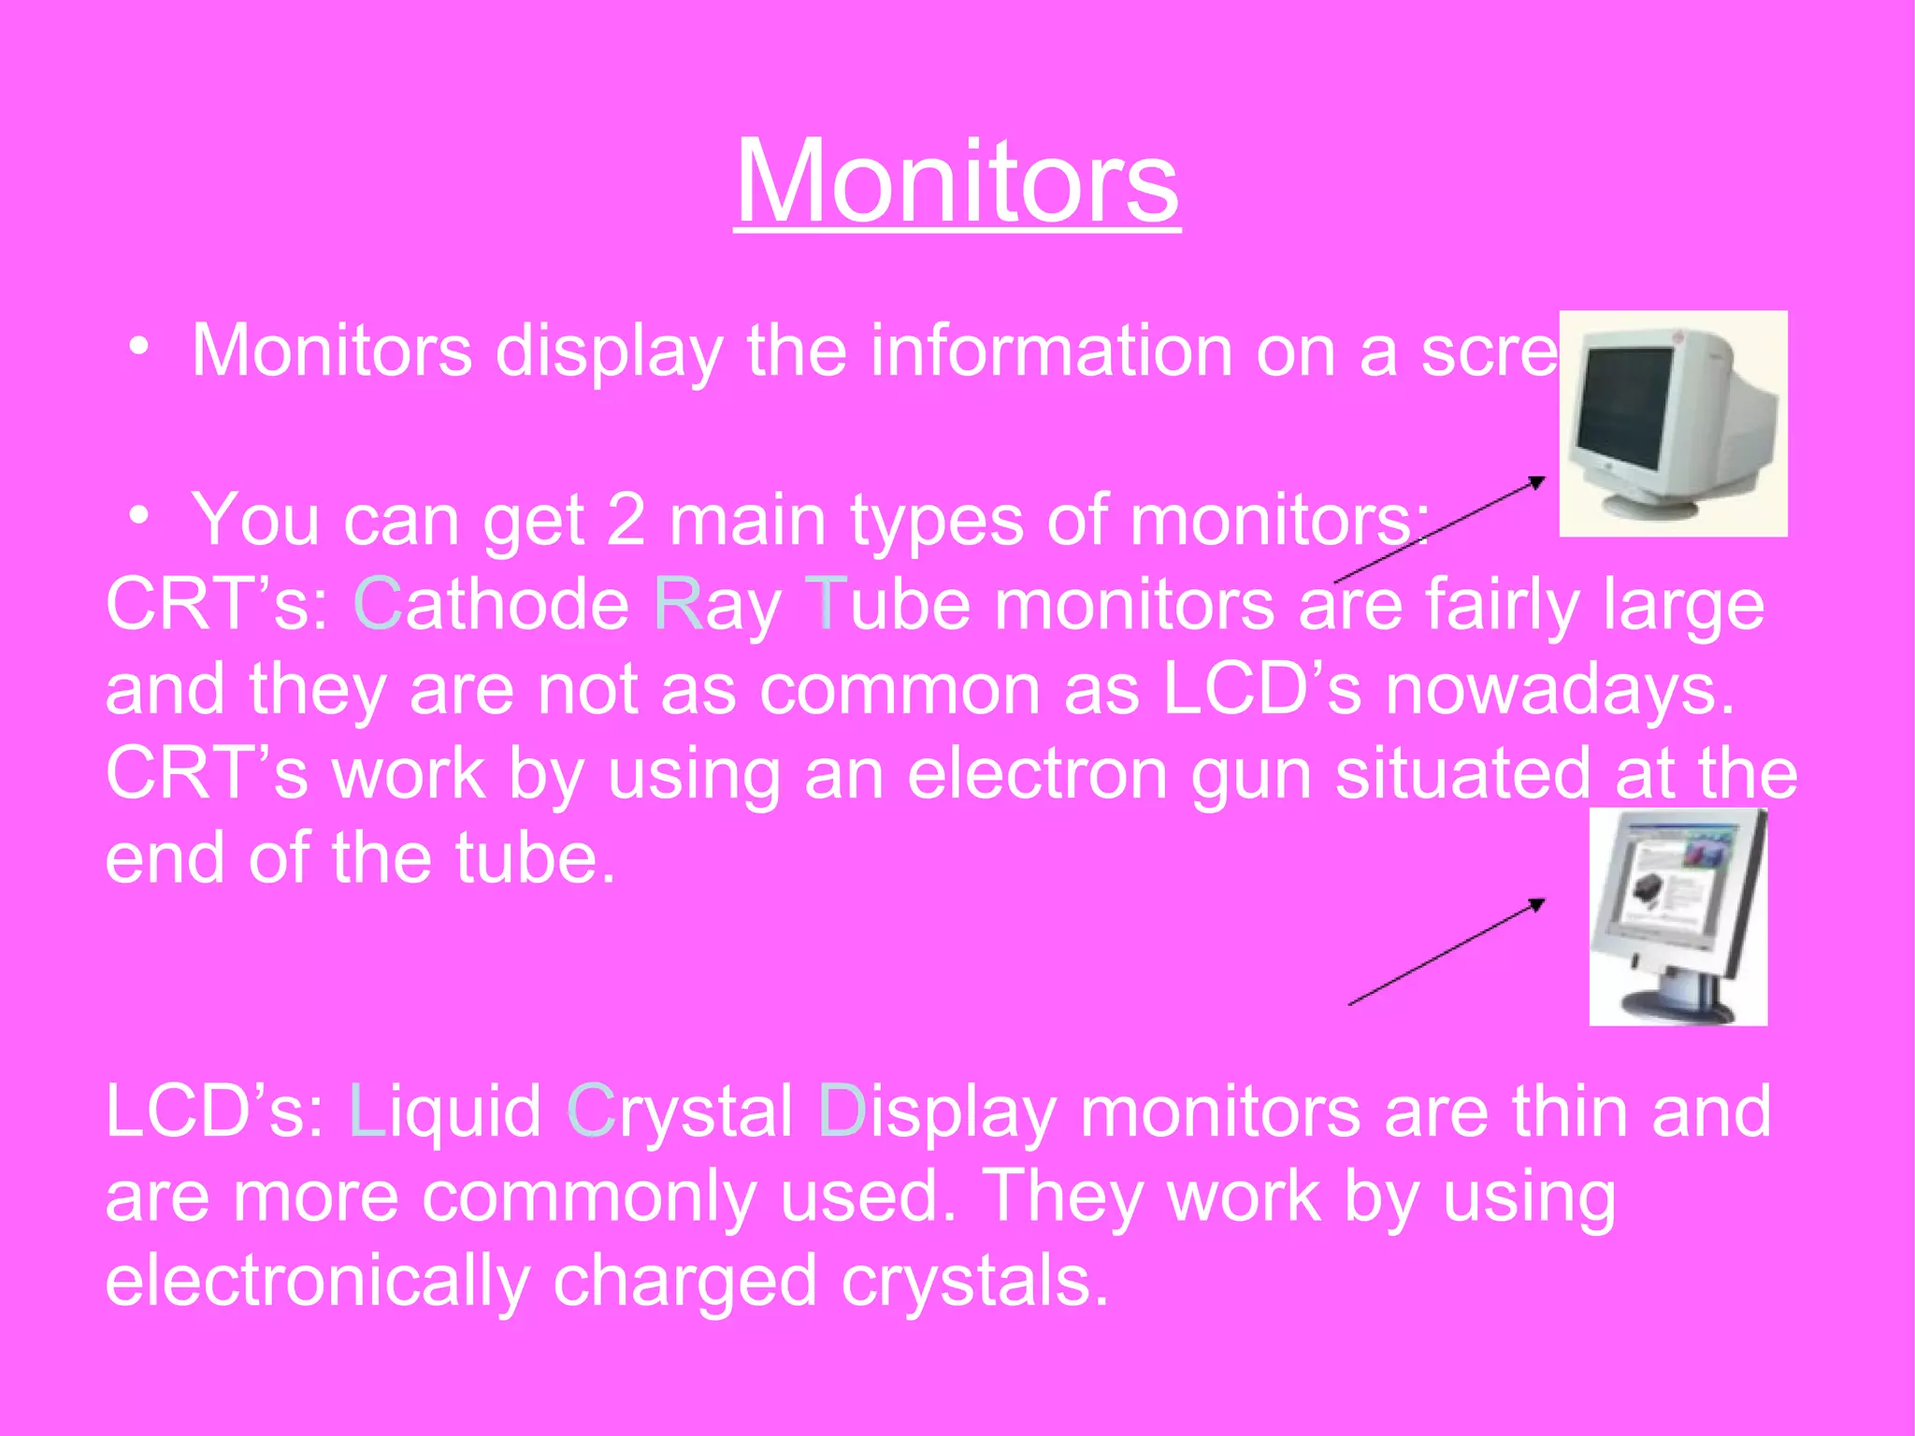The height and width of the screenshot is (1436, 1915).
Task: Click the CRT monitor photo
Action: tap(1673, 424)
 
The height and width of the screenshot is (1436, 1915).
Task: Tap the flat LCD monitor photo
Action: tap(1677, 917)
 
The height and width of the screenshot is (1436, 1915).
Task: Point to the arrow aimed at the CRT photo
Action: tap(1440, 529)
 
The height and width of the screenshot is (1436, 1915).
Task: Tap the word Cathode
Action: tap(491, 605)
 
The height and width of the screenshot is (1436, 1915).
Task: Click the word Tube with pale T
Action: tap(887, 605)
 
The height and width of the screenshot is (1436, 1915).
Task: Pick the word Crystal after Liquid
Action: tap(680, 1112)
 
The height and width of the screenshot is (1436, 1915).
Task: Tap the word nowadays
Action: tap(1559, 690)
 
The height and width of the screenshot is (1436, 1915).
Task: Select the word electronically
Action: tap(318, 1282)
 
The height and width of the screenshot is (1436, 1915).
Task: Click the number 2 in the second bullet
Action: tap(626, 520)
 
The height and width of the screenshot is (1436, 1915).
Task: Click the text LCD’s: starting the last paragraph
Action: tap(216, 1112)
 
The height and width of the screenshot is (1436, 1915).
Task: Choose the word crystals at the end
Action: tap(975, 1282)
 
